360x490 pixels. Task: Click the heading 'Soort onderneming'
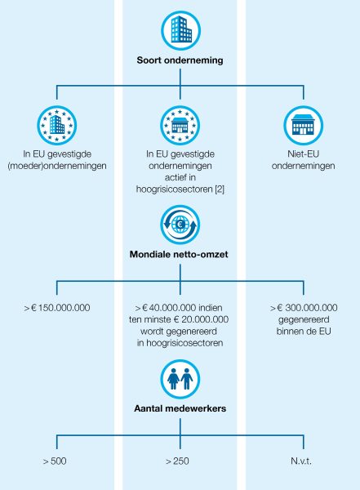180,60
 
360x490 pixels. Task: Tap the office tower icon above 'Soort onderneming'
181,30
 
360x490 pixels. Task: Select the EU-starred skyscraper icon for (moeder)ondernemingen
57,125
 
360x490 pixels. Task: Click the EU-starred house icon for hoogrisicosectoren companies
180,125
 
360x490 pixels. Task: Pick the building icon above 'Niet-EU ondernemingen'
303,125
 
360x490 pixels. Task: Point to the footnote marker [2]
220,189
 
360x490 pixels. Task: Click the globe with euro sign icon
180,225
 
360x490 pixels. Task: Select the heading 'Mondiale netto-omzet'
179,254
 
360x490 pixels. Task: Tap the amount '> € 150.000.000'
57,308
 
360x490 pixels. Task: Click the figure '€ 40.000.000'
169,308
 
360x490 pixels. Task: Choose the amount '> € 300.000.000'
304,308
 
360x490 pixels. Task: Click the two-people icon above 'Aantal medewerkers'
180,379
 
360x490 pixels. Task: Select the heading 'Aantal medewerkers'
180,408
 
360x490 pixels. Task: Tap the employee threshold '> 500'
55,461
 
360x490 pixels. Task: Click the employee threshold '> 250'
177,461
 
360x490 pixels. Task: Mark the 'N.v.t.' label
301,461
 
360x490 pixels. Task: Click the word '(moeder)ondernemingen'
57,166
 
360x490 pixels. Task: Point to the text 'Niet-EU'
303,154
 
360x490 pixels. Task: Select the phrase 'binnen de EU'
304,332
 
